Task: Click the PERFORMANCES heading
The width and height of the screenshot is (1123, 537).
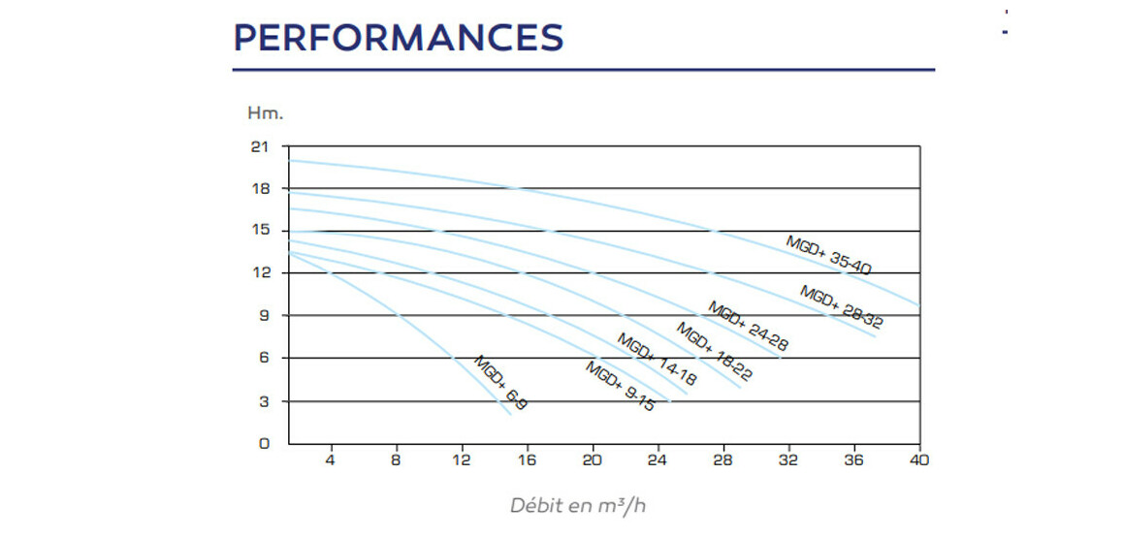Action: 399,38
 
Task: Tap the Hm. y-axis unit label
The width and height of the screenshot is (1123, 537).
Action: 265,113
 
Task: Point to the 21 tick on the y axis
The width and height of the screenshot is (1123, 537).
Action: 258,146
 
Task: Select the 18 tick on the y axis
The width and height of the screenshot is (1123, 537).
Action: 258,188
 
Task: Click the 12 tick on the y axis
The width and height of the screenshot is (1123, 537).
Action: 258,272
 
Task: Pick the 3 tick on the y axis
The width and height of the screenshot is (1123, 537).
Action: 262,401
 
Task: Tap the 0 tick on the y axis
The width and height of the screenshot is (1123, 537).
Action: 262,444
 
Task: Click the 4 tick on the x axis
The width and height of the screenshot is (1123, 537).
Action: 330,460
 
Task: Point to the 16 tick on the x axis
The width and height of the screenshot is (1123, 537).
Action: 527,460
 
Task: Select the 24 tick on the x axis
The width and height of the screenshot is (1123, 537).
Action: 658,460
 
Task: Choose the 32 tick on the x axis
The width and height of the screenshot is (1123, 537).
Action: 788,460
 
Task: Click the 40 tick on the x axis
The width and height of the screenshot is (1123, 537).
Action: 918,460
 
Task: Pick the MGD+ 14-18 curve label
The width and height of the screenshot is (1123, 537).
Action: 657,361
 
